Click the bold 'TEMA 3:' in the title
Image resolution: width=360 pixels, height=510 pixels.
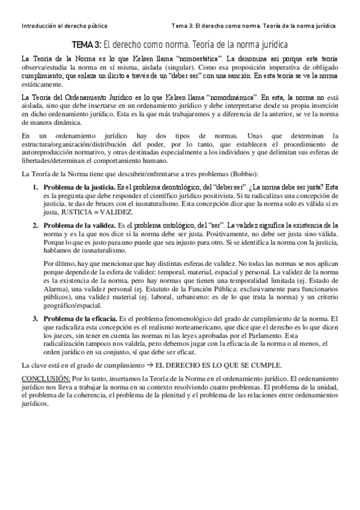click(87, 45)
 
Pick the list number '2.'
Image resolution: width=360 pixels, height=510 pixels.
click(35, 224)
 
